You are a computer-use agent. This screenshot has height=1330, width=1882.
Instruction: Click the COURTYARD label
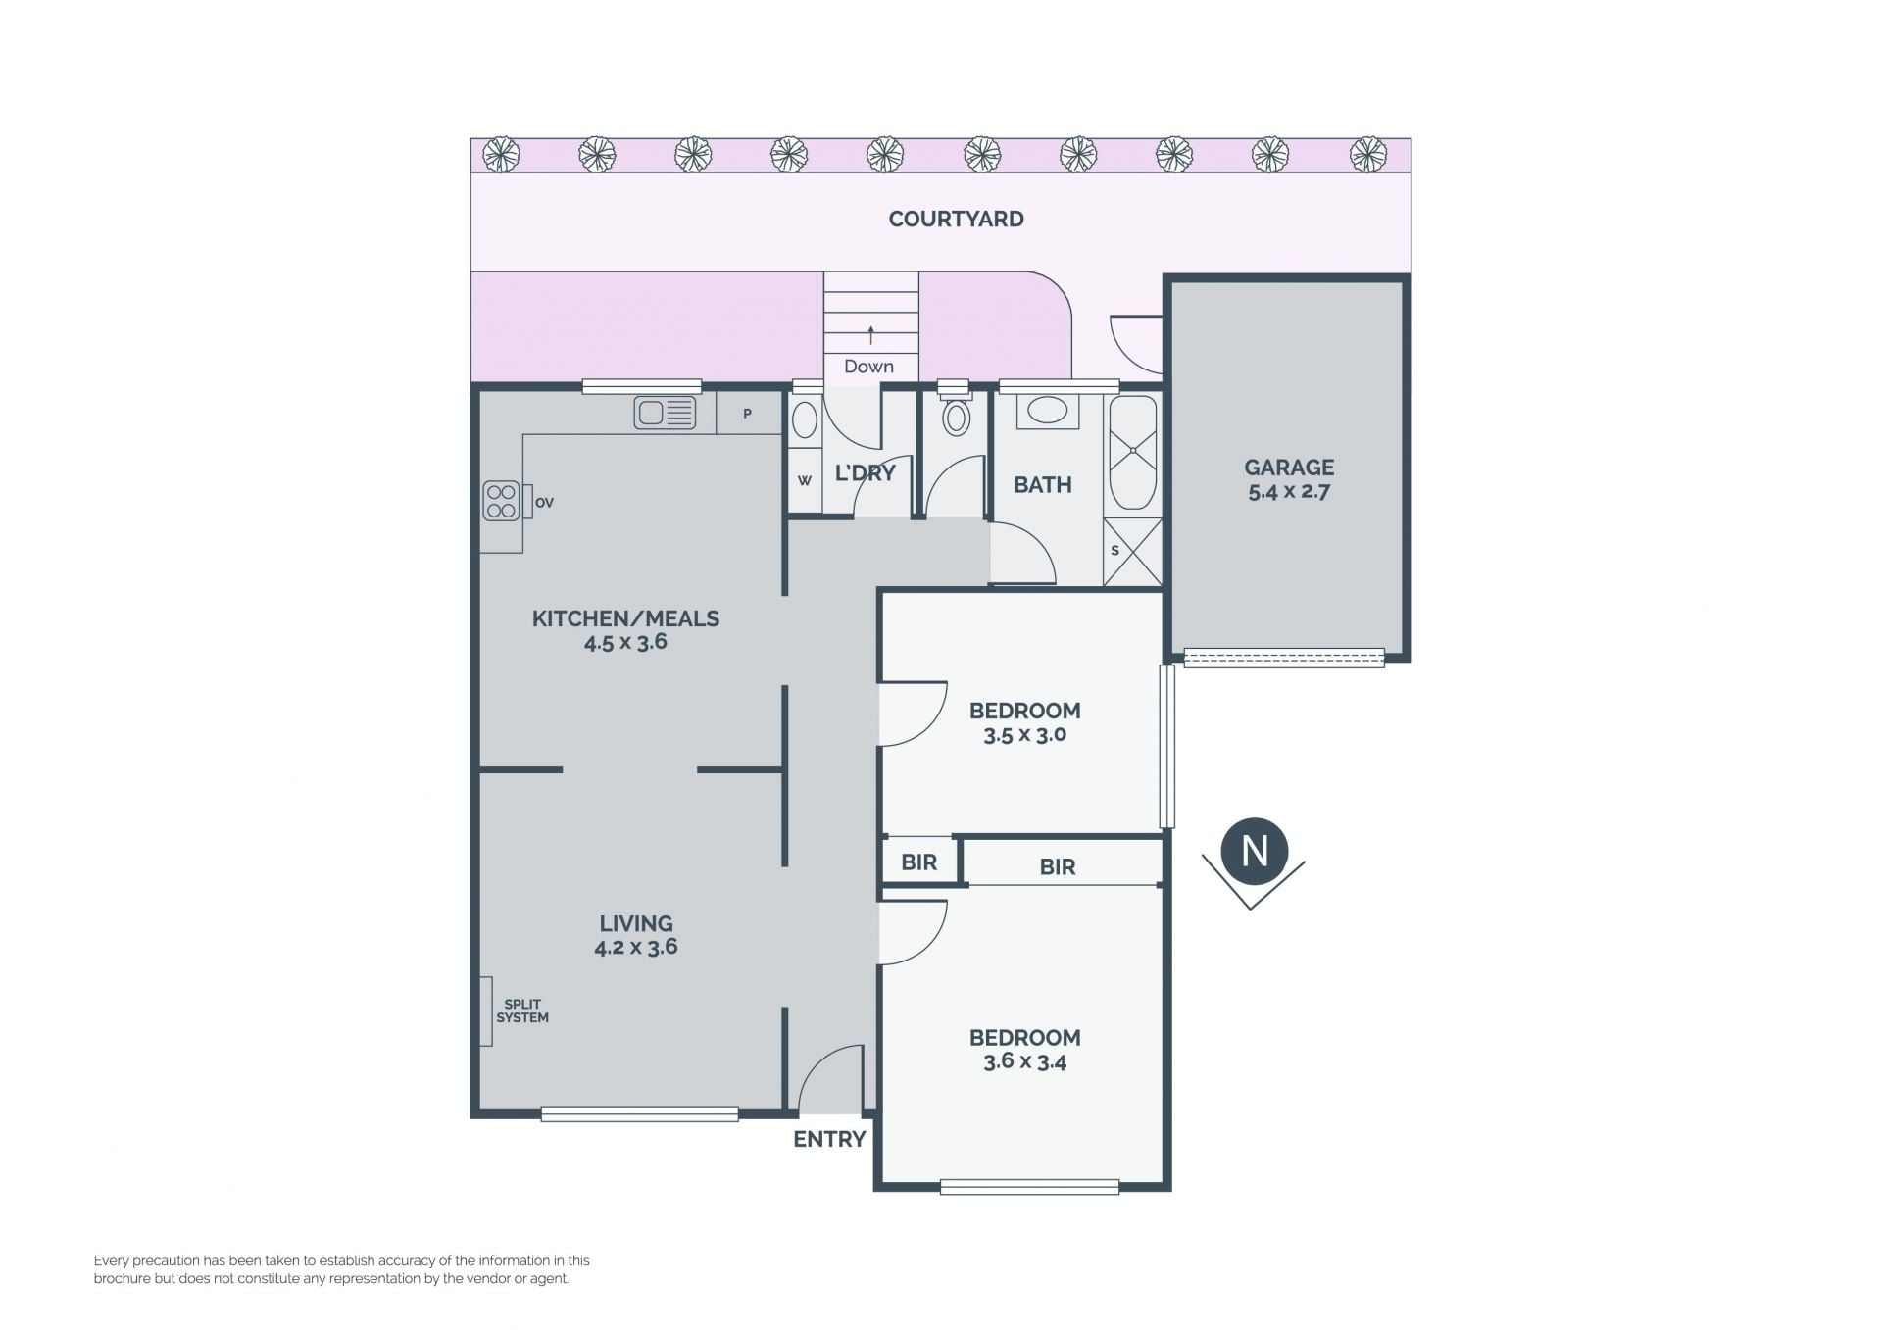[956, 219]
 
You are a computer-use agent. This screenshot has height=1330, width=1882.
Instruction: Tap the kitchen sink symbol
[665, 413]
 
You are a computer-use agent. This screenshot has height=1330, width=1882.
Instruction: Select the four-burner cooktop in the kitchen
[501, 501]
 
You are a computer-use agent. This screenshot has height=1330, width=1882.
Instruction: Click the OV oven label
[545, 503]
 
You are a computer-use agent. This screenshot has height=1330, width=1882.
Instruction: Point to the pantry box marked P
[748, 414]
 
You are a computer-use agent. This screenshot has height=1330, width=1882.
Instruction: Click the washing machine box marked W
[805, 480]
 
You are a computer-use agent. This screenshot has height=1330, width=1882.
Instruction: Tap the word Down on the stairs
[869, 367]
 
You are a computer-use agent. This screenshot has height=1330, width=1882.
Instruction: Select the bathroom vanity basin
[1047, 411]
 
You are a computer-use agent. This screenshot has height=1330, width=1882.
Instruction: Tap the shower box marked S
[1133, 552]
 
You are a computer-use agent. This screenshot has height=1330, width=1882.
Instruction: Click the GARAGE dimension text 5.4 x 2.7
[1288, 492]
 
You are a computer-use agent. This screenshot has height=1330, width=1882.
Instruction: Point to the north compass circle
[1255, 851]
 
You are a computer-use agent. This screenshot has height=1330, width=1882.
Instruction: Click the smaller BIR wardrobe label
[918, 862]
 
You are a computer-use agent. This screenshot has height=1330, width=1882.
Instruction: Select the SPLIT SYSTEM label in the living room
[522, 1011]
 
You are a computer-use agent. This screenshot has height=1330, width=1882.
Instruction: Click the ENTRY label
[829, 1139]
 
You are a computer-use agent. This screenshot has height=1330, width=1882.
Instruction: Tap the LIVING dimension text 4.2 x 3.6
[636, 947]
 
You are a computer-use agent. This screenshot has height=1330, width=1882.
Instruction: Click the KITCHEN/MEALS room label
[625, 618]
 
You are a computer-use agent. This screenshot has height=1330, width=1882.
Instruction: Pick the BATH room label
[1042, 484]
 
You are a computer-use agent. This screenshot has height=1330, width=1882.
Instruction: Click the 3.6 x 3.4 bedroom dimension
[1024, 1061]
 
